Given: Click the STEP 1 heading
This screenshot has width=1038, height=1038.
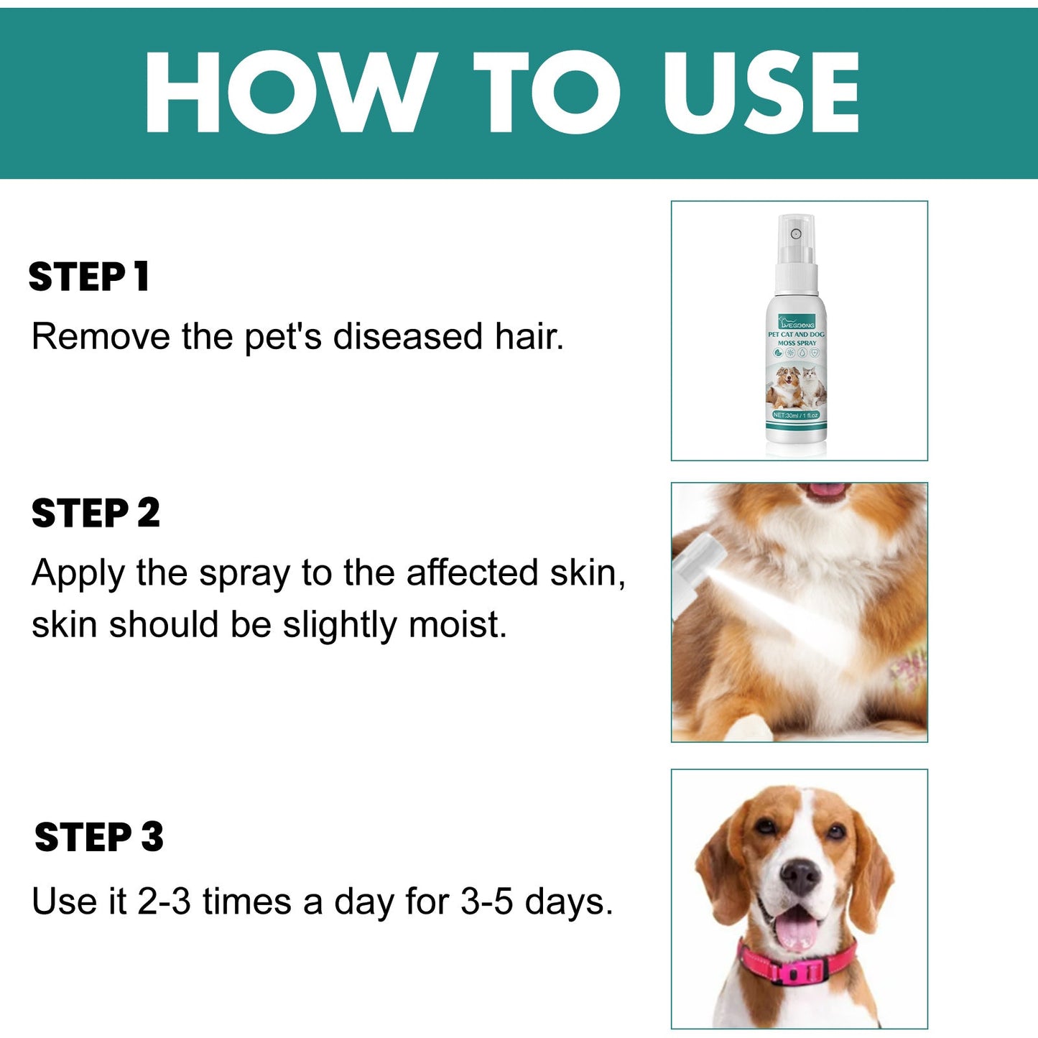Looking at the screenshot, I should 89,277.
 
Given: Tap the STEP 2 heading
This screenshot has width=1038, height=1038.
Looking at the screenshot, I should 96,513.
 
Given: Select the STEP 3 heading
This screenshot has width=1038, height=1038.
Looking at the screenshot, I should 99,837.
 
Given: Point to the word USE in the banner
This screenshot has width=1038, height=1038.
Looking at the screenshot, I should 761,93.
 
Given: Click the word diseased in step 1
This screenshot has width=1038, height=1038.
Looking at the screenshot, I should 407,336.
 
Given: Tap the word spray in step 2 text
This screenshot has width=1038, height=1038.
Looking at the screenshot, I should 244,574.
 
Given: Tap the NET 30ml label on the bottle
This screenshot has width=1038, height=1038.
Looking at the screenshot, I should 796,415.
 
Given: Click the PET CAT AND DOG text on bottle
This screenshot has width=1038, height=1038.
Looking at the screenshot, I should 796,334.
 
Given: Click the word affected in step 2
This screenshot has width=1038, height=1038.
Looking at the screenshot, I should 472,573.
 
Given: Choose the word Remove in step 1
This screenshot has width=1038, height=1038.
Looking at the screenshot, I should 101,336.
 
